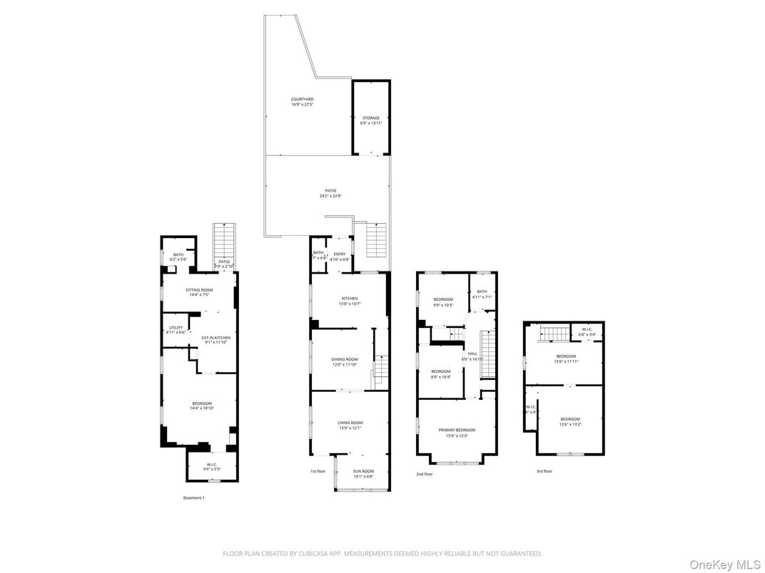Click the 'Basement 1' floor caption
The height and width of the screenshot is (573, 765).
click(x=193, y=497)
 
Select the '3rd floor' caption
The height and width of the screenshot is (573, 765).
click(x=544, y=471)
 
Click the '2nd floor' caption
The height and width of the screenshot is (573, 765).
click(x=424, y=473)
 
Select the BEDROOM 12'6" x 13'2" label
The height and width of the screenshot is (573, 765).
click(x=569, y=421)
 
